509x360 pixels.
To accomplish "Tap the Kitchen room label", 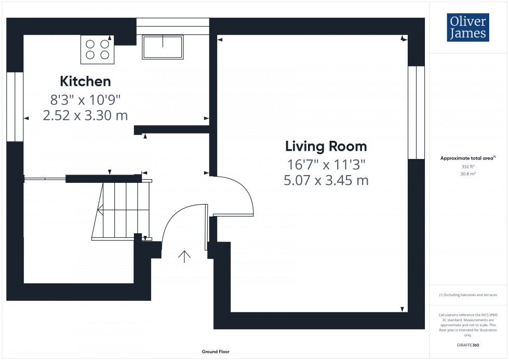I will pyautogui.click(x=85, y=82).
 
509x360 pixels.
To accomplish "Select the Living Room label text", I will pyautogui.click(x=326, y=146).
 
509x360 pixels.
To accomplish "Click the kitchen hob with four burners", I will pyautogui.click(x=97, y=49).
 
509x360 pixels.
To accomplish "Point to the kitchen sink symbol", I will pyautogui.click(x=163, y=47).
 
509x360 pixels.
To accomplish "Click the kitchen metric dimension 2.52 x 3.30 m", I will pyautogui.click(x=85, y=115).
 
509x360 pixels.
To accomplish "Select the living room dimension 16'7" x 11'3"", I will pyautogui.click(x=327, y=165).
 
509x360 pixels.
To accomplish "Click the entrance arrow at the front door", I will pyautogui.click(x=184, y=256).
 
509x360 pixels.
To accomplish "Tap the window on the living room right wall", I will pyautogui.click(x=416, y=112).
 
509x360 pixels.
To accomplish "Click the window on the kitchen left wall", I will pyautogui.click(x=15, y=106).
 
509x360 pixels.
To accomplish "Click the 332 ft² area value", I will pyautogui.click(x=468, y=167).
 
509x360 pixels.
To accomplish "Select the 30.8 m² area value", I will pyautogui.click(x=468, y=174).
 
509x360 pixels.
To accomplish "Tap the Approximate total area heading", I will pyautogui.click(x=468, y=158).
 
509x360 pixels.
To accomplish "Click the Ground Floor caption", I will pyautogui.click(x=216, y=352).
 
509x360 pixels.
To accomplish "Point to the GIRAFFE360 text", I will pyautogui.click(x=468, y=344).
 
